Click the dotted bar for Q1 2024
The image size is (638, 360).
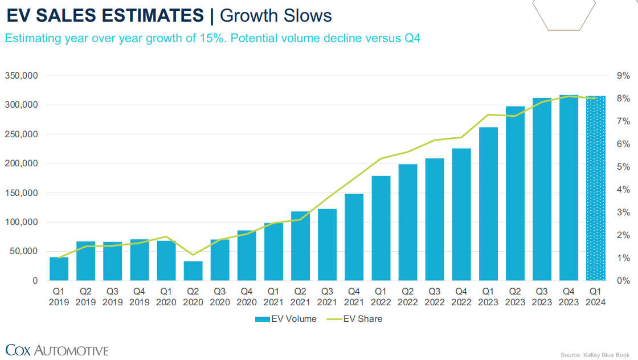click(595, 188)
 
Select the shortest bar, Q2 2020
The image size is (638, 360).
click(193, 271)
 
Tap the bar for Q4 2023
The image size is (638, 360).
click(569, 188)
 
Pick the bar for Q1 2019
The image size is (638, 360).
click(59, 269)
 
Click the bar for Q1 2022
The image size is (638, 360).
click(381, 228)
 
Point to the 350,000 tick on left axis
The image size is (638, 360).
click(22, 76)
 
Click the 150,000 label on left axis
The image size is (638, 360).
click(22, 193)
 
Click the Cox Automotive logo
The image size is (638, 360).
click(57, 349)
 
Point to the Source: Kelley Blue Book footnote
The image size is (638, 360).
click(595, 354)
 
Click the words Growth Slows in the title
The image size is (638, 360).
click(276, 15)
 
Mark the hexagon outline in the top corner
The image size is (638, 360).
click(564, 14)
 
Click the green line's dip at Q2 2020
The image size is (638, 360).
click(193, 255)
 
